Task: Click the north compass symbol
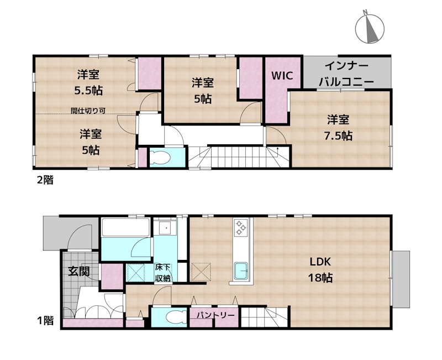pos(370,28)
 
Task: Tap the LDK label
pos(320,262)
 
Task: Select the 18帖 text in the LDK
pos(320,278)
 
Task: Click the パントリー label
pos(214,316)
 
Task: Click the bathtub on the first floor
pos(125,227)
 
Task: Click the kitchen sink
pos(241,272)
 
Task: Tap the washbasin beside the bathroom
pos(165,227)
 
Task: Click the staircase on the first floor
pos(263,317)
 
